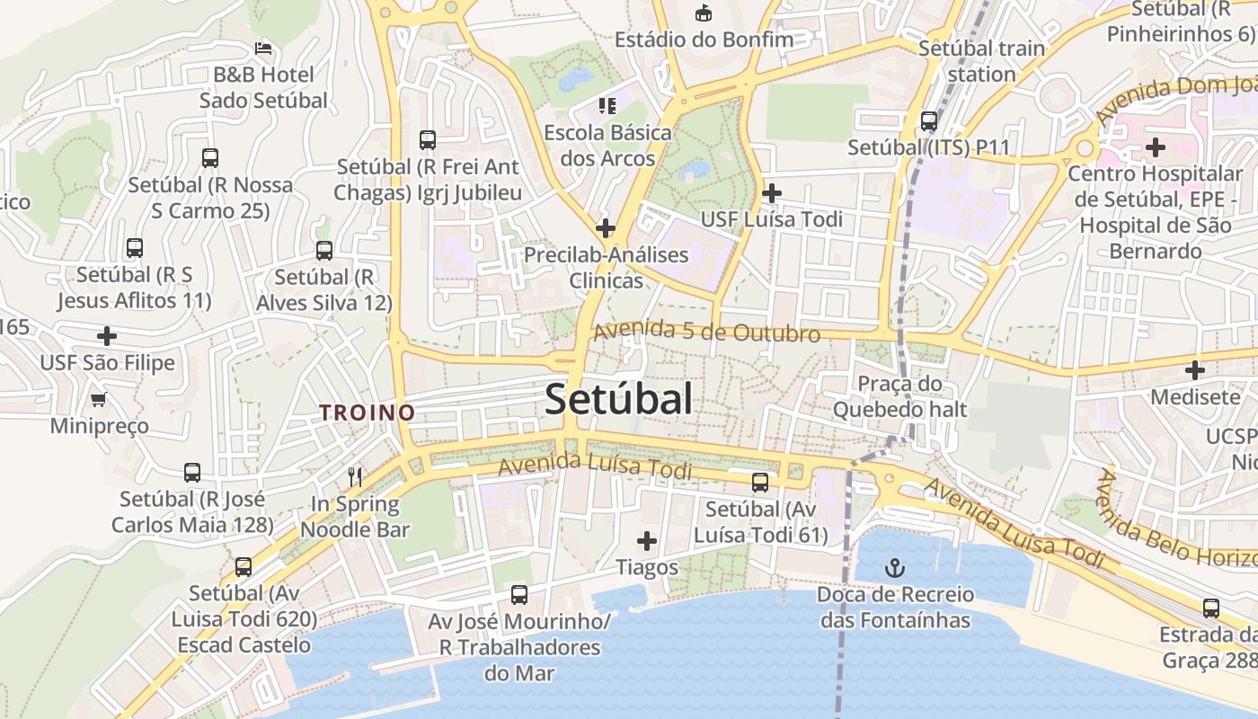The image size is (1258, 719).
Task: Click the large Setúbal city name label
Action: click(x=618, y=400)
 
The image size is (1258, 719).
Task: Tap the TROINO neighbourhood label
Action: click(x=368, y=413)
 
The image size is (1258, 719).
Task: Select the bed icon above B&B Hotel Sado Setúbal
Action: click(x=263, y=48)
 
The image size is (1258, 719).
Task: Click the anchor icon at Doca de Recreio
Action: click(x=895, y=567)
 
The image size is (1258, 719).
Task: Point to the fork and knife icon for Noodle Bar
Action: click(x=355, y=476)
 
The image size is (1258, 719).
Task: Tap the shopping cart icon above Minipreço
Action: click(x=99, y=398)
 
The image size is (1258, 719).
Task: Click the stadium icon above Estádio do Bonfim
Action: click(x=704, y=13)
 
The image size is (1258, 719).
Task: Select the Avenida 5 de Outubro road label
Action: click(x=706, y=333)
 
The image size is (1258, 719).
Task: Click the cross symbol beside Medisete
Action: click(x=1194, y=369)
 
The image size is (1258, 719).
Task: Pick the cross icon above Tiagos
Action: click(x=646, y=541)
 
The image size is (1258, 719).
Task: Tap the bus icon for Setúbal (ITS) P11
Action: click(x=929, y=120)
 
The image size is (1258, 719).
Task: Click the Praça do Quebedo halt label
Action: click(x=899, y=396)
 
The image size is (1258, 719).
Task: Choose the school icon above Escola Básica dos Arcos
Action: click(x=607, y=106)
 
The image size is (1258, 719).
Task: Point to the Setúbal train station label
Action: click(x=981, y=60)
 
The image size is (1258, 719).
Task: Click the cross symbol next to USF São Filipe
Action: click(x=107, y=336)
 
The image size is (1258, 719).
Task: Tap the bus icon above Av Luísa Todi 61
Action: click(x=760, y=483)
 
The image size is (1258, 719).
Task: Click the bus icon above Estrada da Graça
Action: click(x=1211, y=608)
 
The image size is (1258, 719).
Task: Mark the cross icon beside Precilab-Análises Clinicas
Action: click(x=606, y=227)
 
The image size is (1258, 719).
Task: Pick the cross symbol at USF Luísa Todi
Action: click(x=771, y=192)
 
